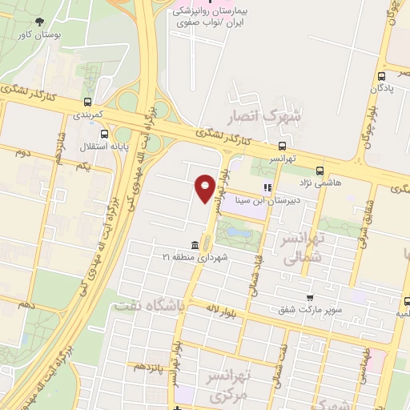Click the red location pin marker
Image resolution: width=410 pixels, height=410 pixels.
(206, 187)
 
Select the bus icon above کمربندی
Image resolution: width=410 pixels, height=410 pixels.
(87, 102)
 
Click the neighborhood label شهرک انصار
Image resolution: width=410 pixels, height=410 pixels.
(264, 115)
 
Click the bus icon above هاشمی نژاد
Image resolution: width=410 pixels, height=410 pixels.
(320, 171)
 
